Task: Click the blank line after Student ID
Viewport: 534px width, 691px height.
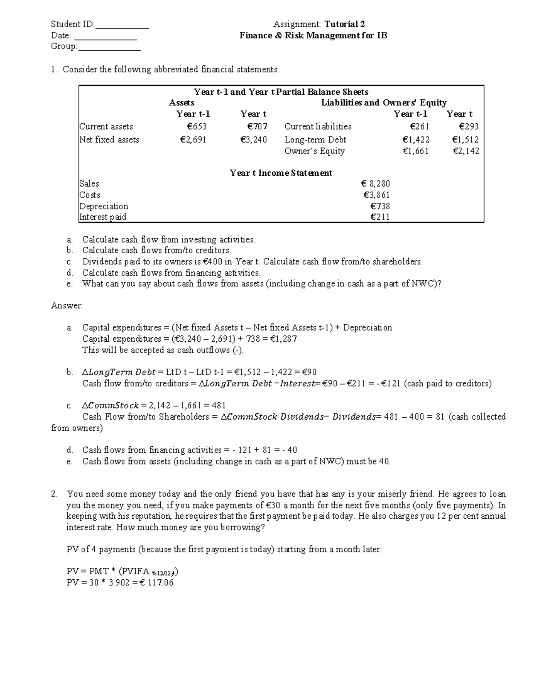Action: [122, 25]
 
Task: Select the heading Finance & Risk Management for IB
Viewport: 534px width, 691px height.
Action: [313, 36]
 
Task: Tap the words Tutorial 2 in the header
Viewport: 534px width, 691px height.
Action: [345, 24]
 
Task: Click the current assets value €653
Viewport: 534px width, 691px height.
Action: [196, 127]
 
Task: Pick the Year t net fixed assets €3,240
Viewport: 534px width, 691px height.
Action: [253, 140]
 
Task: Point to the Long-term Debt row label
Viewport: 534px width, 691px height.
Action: [315, 140]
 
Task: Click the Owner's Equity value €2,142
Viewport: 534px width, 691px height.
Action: [465, 151]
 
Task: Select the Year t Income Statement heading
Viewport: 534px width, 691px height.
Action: [281, 173]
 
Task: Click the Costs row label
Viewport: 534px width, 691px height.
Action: [90, 195]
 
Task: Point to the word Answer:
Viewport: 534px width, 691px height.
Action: [67, 306]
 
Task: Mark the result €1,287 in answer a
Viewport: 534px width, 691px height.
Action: [283, 339]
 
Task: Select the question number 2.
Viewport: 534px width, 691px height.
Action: [54, 494]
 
